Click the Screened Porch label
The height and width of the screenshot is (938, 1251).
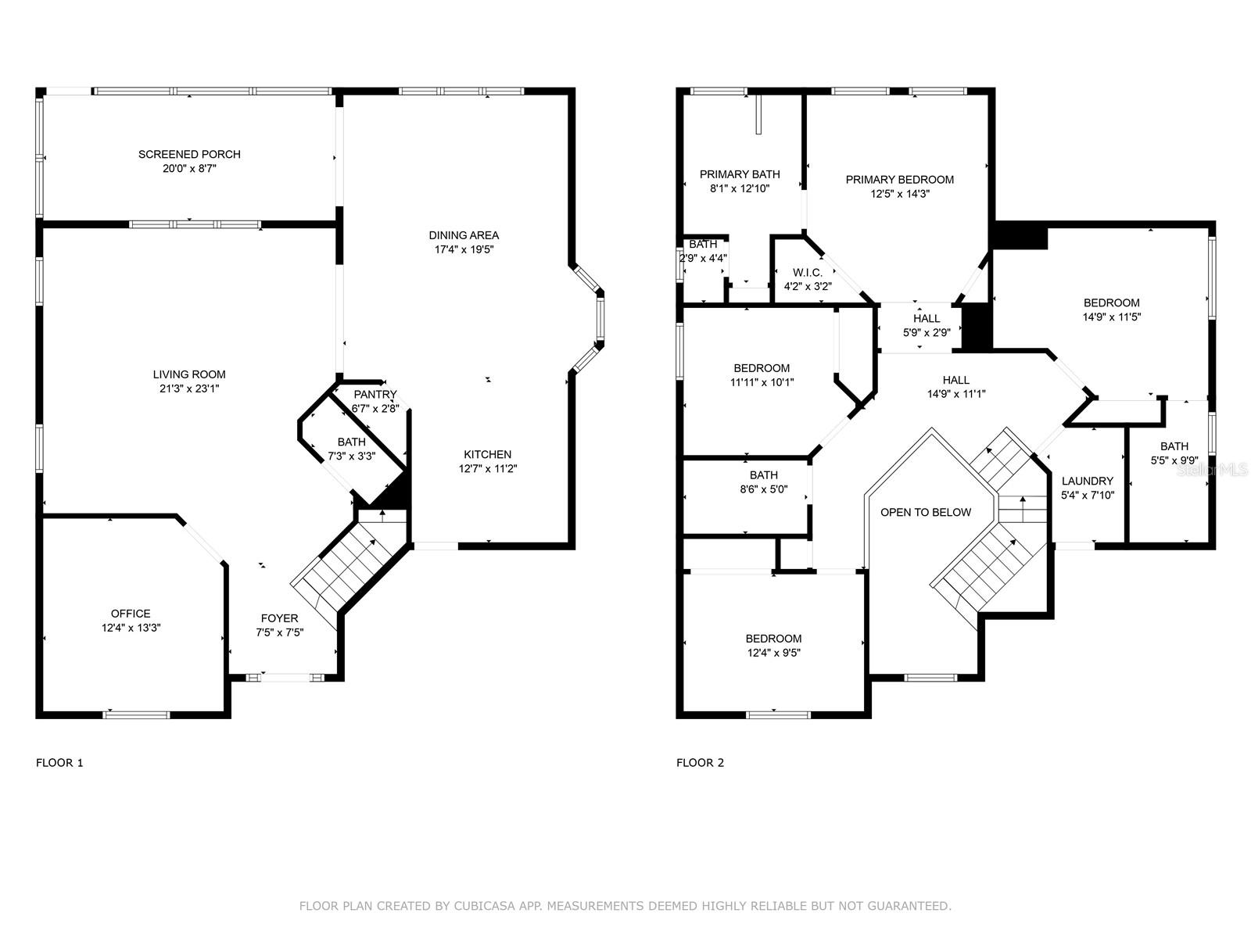pyautogui.click(x=189, y=154)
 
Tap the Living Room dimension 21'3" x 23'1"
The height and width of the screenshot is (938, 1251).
pyautogui.click(x=189, y=389)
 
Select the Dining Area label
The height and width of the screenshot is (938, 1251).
pyautogui.click(x=464, y=235)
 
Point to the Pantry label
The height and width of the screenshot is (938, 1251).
pyautogui.click(x=375, y=395)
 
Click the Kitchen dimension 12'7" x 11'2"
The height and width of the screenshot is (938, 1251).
pyautogui.click(x=488, y=469)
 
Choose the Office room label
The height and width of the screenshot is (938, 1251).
pyautogui.click(x=131, y=614)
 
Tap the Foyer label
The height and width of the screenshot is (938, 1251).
pyautogui.click(x=279, y=618)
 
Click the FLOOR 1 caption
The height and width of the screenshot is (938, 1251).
pyautogui.click(x=59, y=763)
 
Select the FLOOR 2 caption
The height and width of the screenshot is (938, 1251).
pyautogui.click(x=700, y=763)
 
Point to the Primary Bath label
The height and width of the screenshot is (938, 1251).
pyautogui.click(x=740, y=174)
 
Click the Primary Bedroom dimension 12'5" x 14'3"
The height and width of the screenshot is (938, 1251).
pyautogui.click(x=900, y=194)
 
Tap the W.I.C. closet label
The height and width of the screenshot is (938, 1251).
pyautogui.click(x=808, y=272)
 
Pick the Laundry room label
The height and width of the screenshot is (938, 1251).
pyautogui.click(x=1088, y=482)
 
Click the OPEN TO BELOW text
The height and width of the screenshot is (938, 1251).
pyautogui.click(x=926, y=513)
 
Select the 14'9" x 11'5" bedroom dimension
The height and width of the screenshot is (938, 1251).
pyautogui.click(x=1111, y=317)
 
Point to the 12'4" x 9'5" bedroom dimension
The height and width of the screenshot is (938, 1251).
pyautogui.click(x=774, y=653)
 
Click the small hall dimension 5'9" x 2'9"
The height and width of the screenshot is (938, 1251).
pyautogui.click(x=927, y=333)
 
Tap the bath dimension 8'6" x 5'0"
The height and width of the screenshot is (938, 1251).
pyautogui.click(x=764, y=489)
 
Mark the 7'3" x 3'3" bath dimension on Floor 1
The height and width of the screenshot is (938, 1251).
pyautogui.click(x=352, y=456)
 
